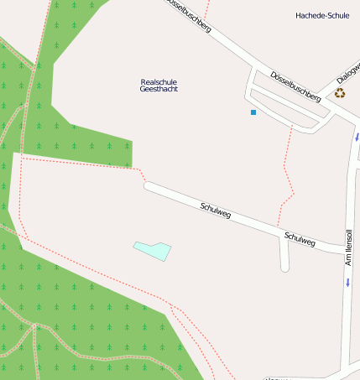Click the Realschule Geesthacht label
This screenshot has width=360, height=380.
click(159, 85)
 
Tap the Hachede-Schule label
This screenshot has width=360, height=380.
click(322, 15)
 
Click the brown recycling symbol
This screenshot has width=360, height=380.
click(340, 93)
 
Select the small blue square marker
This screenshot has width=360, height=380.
click(253, 112)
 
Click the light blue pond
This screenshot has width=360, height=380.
click(152, 249)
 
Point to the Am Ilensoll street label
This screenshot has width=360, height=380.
click(348, 247)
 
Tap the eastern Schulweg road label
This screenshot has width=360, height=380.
click(300, 239)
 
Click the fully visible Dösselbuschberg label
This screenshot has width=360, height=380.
click(295, 86)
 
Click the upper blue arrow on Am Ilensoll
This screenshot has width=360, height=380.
click(357, 136)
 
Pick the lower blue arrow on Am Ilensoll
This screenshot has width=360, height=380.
click(347, 282)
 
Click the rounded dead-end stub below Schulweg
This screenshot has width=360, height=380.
click(284, 267)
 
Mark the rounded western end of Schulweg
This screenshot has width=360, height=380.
click(149, 187)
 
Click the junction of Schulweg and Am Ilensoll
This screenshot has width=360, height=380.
click(345, 249)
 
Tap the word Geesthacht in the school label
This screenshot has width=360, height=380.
click(159, 89)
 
